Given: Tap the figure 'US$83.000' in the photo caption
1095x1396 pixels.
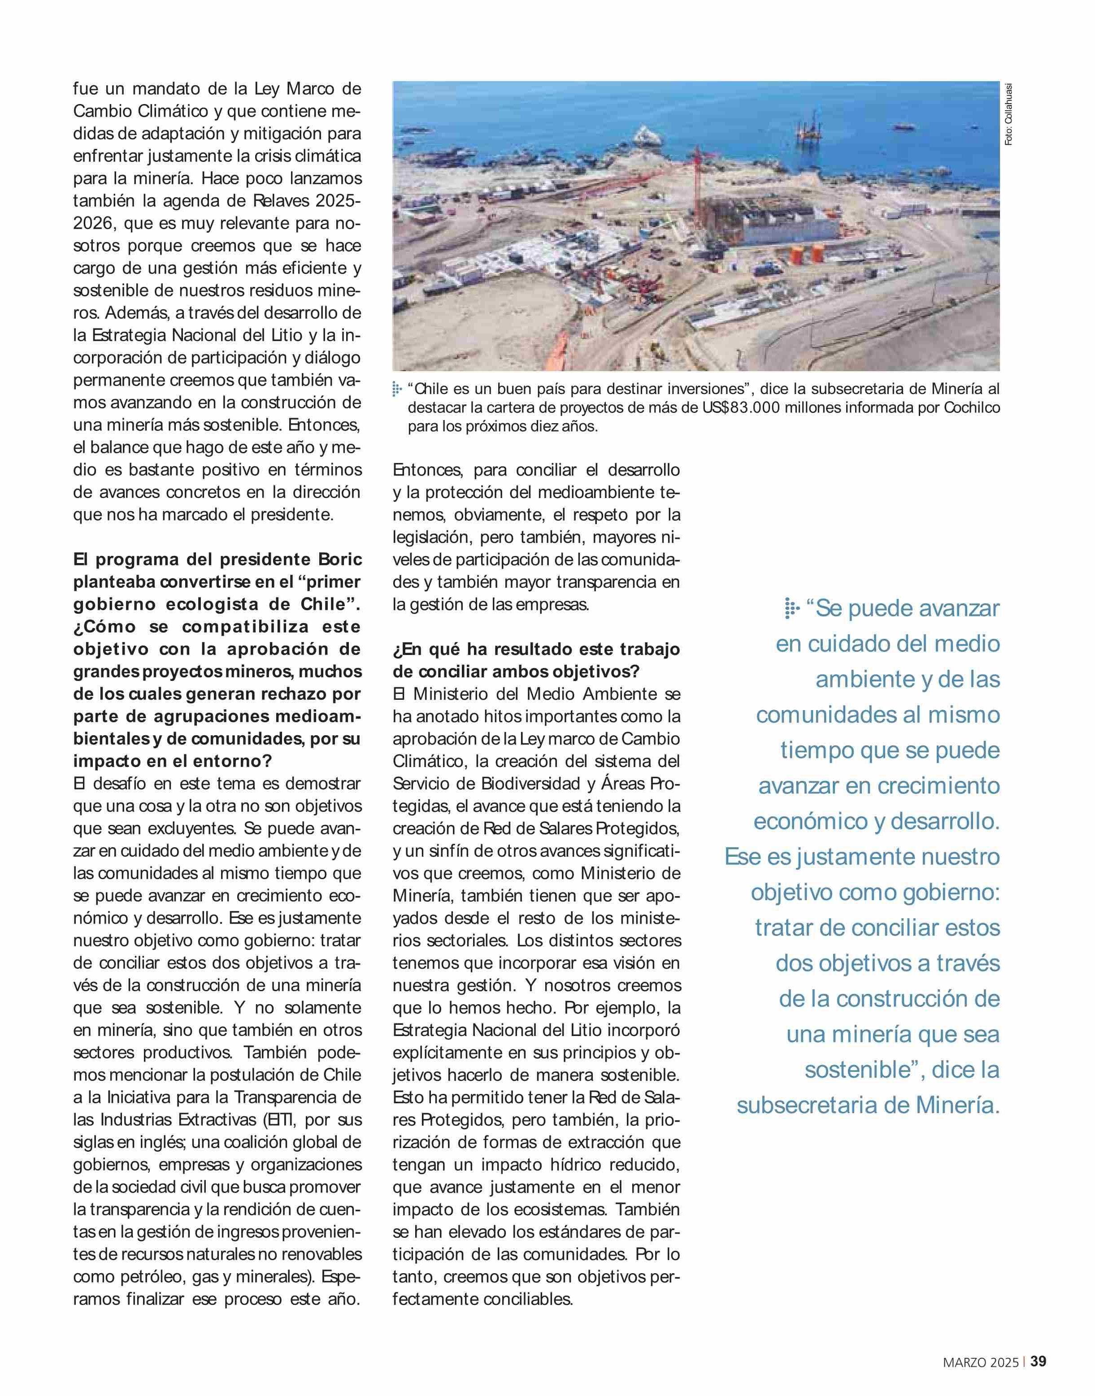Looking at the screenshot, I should [746, 407].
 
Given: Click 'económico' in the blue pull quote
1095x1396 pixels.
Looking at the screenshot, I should [809, 821].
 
